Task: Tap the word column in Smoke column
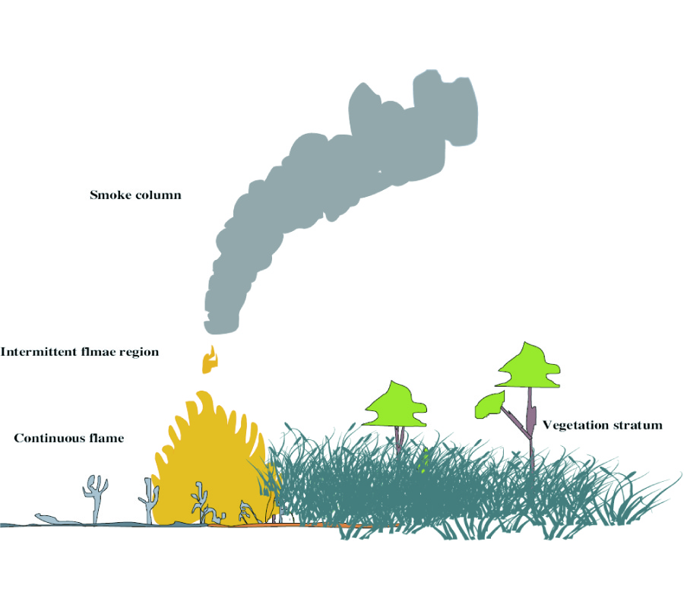coord(158,195)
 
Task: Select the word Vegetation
coord(575,425)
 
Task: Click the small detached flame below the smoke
coord(209,360)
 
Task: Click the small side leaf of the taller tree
coord(489,405)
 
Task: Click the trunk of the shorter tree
coord(399,436)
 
